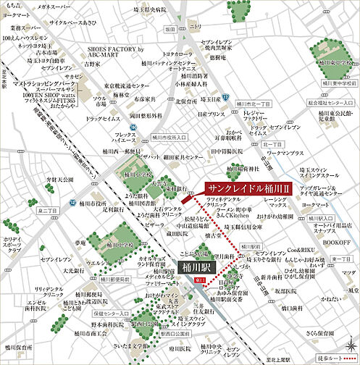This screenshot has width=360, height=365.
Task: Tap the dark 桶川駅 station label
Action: click(198, 265)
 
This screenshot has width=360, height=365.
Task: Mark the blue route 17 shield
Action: click(225, 96)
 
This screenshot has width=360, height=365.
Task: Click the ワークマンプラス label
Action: click(285, 154)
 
